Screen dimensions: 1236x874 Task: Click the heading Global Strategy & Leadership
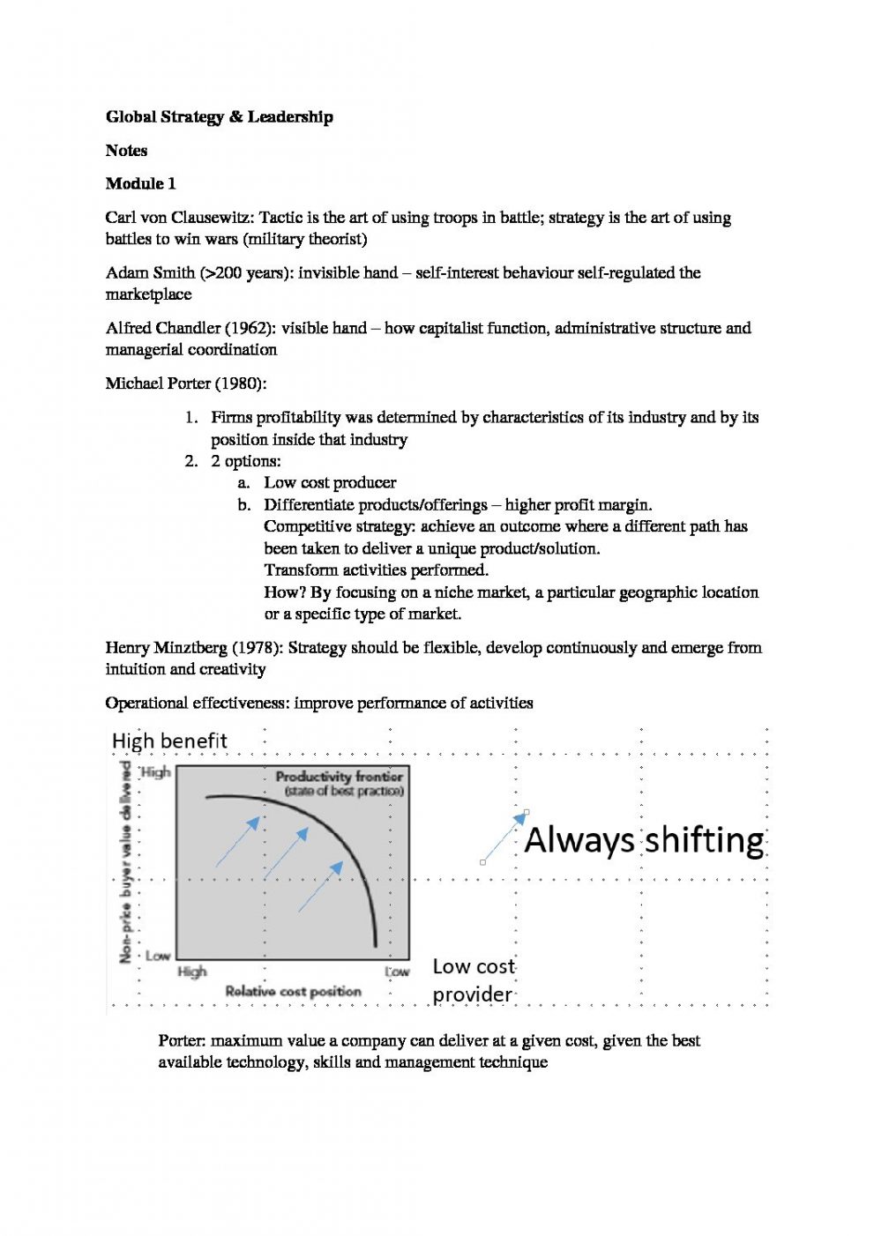tap(219, 117)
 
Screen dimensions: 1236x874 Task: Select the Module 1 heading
tap(140, 184)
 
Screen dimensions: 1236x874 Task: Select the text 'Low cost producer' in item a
tap(330, 483)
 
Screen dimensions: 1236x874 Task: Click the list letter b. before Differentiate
tap(243, 505)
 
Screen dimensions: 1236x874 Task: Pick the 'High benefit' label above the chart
tap(169, 741)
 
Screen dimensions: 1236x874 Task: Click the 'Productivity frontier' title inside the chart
tap(339, 777)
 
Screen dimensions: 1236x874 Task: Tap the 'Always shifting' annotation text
tap(644, 840)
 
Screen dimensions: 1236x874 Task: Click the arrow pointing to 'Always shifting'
tap(504, 837)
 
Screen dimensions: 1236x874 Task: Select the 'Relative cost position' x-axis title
tap(293, 992)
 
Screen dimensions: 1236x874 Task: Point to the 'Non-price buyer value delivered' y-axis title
tap(126, 863)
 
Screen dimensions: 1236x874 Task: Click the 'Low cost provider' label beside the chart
tap(473, 980)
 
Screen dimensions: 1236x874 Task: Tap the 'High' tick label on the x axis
tap(191, 972)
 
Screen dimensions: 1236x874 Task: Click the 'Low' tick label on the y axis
tap(157, 956)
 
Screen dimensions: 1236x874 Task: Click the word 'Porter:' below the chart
tap(182, 1041)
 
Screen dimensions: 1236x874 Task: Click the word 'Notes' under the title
tap(126, 151)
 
